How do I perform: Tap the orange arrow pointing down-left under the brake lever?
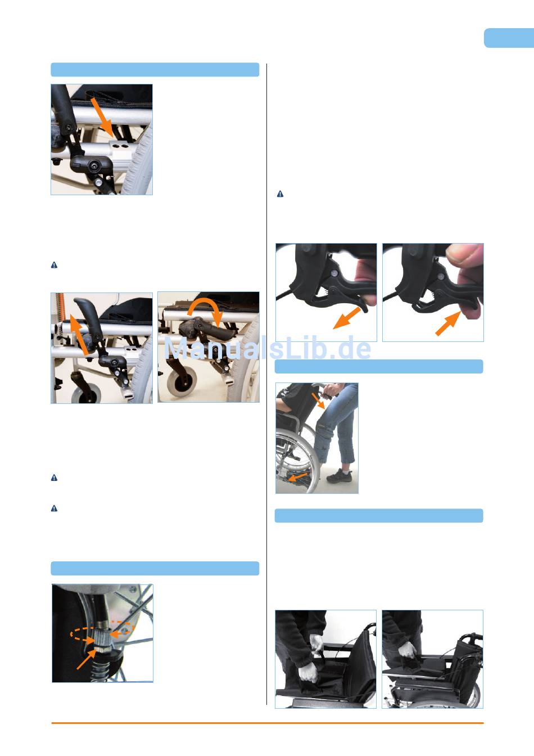pos(347,318)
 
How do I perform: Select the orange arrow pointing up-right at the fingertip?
pos(449,323)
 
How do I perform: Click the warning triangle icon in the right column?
pos(280,194)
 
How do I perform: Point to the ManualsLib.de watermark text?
pos(267,348)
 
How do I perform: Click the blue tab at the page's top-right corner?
pos(509,38)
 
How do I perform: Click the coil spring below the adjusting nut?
pos(101,667)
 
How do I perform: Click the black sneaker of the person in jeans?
pos(340,476)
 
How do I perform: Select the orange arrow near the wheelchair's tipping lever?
pos(298,477)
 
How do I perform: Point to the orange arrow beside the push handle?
pos(318,400)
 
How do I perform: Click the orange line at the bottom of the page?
pos(268,723)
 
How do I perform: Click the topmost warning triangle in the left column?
pos(54,265)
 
